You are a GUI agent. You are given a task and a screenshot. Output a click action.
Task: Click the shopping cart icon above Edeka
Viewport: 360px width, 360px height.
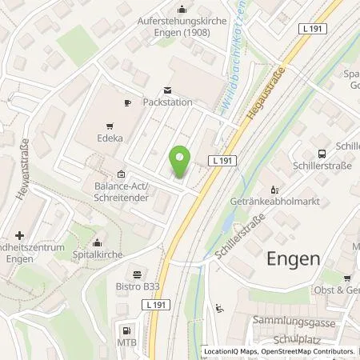[110, 126]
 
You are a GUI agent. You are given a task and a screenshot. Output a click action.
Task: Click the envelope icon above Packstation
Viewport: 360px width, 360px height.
[167, 90]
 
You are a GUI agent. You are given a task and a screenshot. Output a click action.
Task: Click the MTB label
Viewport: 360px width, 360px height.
[126, 343]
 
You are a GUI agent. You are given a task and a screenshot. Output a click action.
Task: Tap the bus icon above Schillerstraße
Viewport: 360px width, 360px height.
[321, 154]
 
